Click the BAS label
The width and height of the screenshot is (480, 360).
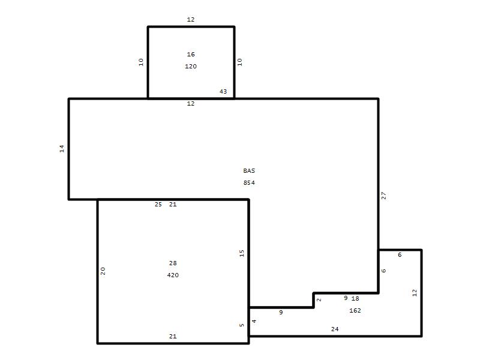[x=249, y=171]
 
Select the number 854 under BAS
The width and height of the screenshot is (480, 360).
[x=249, y=183]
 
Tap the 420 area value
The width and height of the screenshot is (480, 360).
[x=173, y=275]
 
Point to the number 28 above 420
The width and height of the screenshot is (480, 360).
[x=173, y=263]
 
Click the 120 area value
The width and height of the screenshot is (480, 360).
[x=191, y=67]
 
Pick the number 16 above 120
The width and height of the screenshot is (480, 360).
[x=191, y=55]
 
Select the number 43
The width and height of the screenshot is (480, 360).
[x=223, y=92]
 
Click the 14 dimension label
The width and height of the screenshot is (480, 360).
[x=62, y=149]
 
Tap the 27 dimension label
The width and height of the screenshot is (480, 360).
[x=383, y=196]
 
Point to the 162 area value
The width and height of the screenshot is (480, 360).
[x=355, y=311]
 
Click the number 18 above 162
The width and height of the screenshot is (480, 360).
[x=355, y=298]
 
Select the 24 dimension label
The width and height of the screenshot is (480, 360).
[x=335, y=329]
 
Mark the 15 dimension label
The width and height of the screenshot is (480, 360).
[x=242, y=253]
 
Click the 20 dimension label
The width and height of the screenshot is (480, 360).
[x=103, y=271]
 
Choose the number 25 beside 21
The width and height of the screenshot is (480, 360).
[x=158, y=205]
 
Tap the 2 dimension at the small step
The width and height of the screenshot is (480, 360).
[x=319, y=300]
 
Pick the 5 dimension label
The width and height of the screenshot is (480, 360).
[x=242, y=325]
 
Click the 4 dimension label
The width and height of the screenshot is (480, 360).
[x=254, y=321]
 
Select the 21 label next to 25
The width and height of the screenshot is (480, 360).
[x=173, y=205]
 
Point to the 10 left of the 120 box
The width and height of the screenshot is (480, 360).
[x=141, y=62]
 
